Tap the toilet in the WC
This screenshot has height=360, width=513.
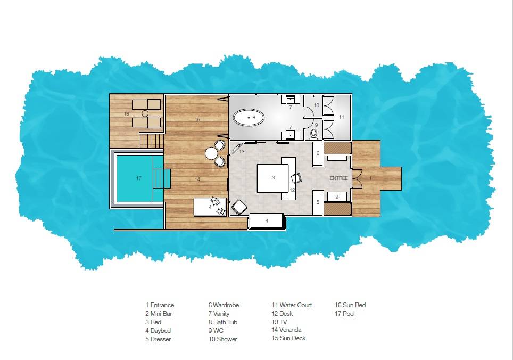click(x=313, y=134)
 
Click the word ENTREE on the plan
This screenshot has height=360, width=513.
click(x=338, y=178)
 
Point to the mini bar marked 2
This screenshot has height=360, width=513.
click(x=336, y=197)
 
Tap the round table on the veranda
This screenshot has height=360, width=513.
click(x=211, y=153)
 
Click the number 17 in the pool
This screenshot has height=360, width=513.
click(x=138, y=178)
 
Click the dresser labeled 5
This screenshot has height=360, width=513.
click(x=318, y=202)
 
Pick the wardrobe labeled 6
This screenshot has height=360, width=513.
click(x=318, y=153)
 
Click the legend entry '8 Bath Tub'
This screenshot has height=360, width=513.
click(x=222, y=322)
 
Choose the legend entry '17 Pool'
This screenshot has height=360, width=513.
click(x=344, y=314)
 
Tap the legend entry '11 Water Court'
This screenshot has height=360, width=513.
click(x=292, y=305)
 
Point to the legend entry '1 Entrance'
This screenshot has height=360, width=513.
click(x=160, y=305)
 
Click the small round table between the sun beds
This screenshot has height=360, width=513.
click(x=144, y=113)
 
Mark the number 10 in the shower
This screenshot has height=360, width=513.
click(x=316, y=105)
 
